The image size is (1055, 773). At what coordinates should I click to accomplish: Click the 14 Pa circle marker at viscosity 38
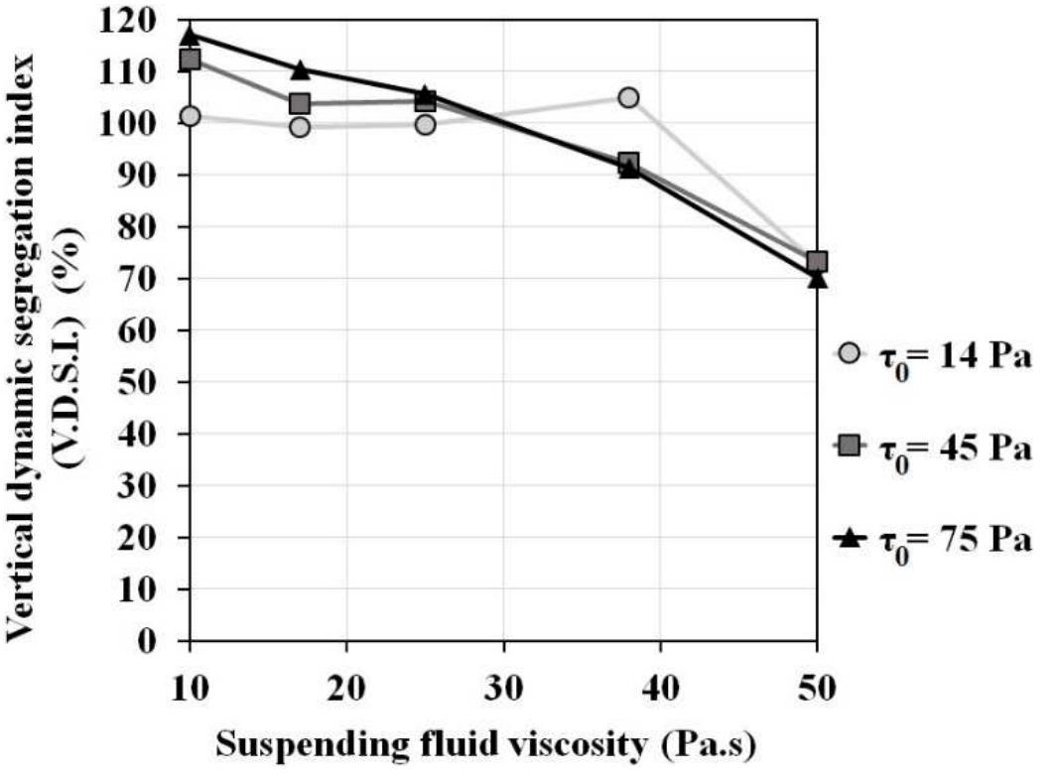(x=628, y=97)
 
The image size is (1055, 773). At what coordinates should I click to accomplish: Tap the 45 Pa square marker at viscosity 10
(x=190, y=60)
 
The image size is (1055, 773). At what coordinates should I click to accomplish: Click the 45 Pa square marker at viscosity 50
(x=817, y=262)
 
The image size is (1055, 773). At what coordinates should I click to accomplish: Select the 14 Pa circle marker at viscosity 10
(x=190, y=116)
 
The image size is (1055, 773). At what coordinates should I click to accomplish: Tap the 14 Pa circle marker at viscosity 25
(x=425, y=125)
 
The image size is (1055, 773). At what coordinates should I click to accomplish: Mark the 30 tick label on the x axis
(x=503, y=686)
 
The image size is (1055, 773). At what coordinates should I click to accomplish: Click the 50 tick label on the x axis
(x=817, y=686)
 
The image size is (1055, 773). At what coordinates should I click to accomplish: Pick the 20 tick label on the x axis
(x=346, y=686)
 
